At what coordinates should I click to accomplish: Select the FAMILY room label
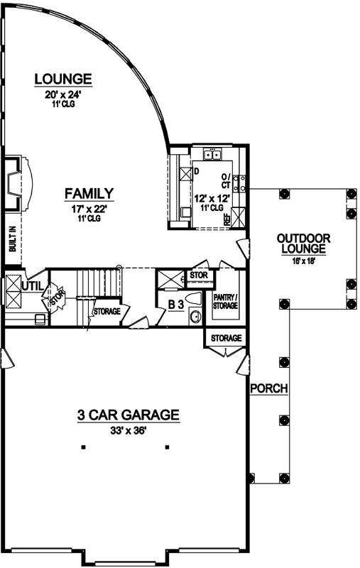[x=89, y=193]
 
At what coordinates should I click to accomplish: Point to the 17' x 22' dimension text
[x=89, y=209]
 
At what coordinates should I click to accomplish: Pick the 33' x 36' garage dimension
[x=127, y=431]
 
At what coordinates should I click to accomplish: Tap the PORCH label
[x=268, y=388]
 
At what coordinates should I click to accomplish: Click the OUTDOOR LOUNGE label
[x=302, y=244]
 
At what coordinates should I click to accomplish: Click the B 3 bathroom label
[x=176, y=305]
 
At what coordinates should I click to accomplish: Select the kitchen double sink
[x=212, y=154]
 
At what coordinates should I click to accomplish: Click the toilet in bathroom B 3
[x=192, y=298]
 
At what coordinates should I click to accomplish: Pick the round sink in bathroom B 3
[x=195, y=317]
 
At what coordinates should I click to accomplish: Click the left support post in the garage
[x=83, y=447]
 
